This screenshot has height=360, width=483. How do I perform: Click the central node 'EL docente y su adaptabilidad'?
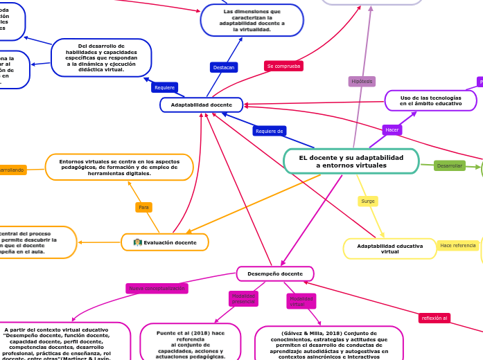[351, 161]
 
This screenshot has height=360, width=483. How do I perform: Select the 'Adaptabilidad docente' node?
[201, 105]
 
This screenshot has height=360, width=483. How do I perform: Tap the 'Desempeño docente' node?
[275, 273]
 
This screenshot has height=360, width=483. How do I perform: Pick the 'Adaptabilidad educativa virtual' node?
[389, 249]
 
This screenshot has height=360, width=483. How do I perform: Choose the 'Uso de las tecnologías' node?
[430, 100]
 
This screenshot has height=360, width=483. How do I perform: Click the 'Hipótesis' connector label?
[362, 81]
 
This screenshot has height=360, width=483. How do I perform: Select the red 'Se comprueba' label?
[283, 66]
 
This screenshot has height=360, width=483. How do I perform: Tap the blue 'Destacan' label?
[224, 67]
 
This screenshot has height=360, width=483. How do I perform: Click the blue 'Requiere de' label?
[270, 131]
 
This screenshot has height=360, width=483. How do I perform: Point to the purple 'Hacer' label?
[392, 129]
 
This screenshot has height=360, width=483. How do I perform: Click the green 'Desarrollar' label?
[450, 165]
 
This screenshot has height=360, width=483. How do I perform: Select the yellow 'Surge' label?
[368, 201]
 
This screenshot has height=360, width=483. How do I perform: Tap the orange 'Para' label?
[143, 207]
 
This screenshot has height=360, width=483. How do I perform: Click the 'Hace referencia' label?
[458, 245]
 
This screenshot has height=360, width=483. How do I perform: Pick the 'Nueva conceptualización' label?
[157, 288]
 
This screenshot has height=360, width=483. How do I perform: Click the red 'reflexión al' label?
[434, 318]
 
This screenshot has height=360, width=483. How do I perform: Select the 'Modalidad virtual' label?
[301, 301]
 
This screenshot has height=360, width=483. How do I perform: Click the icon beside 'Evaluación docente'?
[138, 242]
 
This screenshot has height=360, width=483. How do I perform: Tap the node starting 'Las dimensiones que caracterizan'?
[252, 20]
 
